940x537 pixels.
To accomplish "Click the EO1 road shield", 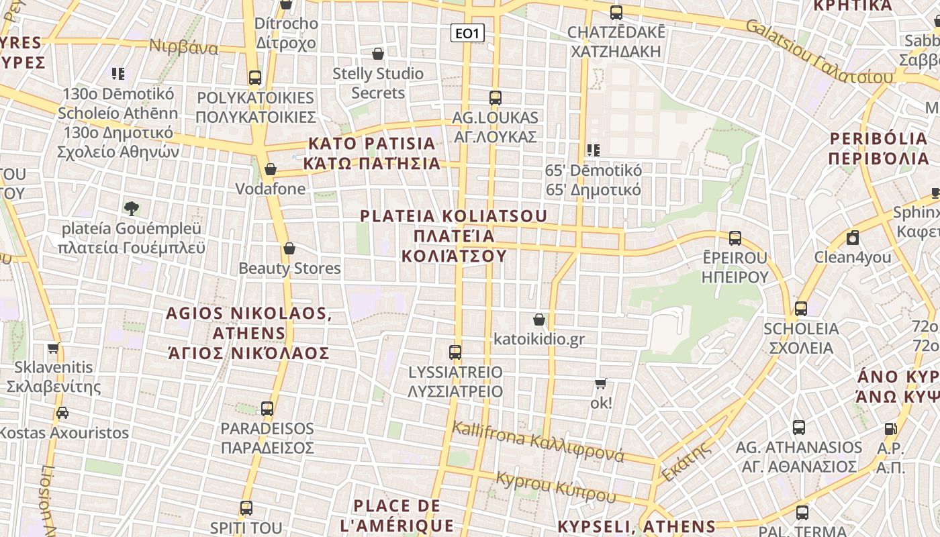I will [x=467, y=33].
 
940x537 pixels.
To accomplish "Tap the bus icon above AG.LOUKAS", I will [x=496, y=98].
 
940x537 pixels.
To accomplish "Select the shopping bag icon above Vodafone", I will [x=271, y=169].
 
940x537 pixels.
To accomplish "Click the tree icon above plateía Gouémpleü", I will [x=132, y=208].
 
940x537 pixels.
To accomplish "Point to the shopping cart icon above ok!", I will [x=601, y=384].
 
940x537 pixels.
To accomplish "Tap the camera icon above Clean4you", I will [x=853, y=238].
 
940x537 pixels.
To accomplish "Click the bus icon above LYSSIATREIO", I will [x=455, y=352].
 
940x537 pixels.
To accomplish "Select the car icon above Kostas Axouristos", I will [x=62, y=413].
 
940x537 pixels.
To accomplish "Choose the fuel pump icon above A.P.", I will [x=890, y=428].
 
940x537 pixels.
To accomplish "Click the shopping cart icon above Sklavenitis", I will [x=54, y=348].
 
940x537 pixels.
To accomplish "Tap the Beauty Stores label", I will [x=290, y=268].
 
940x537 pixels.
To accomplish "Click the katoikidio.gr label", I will [x=539, y=339].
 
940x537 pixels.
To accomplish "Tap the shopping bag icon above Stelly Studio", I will [x=378, y=54].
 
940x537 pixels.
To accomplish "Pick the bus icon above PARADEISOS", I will [x=267, y=408].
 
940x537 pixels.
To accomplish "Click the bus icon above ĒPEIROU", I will [x=735, y=238].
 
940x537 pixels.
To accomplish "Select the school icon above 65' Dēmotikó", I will [x=593, y=150].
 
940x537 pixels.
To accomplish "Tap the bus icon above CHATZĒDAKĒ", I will [x=616, y=12].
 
